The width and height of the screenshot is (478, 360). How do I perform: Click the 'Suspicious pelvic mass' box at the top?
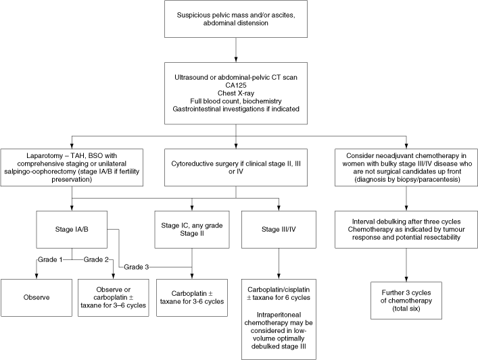(x=236, y=19)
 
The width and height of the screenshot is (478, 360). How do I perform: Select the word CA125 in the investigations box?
(x=236, y=85)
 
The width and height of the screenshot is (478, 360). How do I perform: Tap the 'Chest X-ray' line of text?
(x=236, y=93)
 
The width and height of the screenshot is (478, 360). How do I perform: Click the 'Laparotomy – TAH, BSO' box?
(x=72, y=168)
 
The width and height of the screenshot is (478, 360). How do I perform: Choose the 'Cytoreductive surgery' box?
(x=236, y=168)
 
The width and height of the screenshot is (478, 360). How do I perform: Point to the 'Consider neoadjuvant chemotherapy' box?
(x=406, y=168)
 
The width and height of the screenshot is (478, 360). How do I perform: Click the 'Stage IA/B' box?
(x=72, y=230)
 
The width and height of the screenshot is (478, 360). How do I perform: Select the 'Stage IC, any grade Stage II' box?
(x=192, y=230)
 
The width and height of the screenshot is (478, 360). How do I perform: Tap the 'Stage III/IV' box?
(x=279, y=230)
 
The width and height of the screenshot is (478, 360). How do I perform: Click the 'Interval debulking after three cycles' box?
(x=406, y=230)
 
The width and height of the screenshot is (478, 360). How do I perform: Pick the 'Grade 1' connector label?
(x=50, y=259)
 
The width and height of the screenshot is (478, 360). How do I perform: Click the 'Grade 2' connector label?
(x=96, y=259)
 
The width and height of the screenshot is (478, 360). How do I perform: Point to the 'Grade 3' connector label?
(x=137, y=267)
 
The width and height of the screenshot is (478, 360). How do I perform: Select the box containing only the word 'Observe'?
(x=37, y=298)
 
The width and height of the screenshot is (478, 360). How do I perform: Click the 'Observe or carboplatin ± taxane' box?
(x=114, y=298)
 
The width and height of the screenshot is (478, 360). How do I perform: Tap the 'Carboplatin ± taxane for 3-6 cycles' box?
(x=192, y=298)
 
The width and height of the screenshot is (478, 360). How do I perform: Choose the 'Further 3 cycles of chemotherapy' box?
(x=406, y=301)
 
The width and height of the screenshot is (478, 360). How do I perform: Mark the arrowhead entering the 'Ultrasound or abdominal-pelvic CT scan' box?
(x=236, y=59)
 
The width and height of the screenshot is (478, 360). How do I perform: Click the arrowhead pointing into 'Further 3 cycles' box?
(x=406, y=279)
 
